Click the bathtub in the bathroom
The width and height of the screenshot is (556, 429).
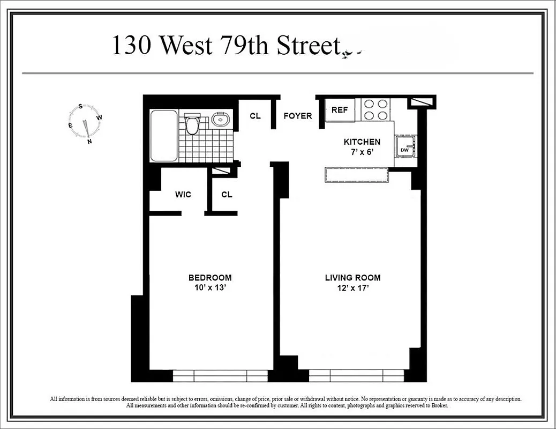[164, 136]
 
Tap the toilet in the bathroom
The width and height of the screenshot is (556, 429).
[192, 124]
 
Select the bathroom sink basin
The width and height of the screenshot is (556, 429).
[220, 119]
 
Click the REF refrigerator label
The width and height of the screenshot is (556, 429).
[340, 110]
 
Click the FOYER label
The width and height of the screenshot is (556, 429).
[298, 116]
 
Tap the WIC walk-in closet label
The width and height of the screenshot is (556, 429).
[183, 194]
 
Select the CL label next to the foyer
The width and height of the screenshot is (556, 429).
[255, 116]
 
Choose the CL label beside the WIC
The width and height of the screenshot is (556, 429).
[227, 194]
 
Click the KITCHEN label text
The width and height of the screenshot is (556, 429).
[362, 142]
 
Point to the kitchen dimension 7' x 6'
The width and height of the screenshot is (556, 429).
[362, 152]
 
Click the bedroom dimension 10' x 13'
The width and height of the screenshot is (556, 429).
[210, 287]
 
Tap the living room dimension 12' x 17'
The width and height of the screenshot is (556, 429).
[352, 287]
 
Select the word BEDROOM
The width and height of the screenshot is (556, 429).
[210, 278]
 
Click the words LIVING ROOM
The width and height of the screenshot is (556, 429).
[352, 278]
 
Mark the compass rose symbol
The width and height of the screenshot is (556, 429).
[85, 124]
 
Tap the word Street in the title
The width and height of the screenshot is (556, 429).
[308, 46]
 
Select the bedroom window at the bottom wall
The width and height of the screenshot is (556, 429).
[220, 375]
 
